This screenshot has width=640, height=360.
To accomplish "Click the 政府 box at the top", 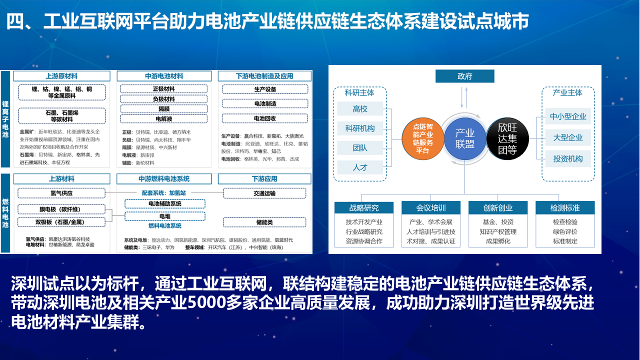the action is [464, 76].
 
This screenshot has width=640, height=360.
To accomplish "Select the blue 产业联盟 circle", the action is [464, 138].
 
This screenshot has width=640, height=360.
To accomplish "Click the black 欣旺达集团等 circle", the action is [507, 138].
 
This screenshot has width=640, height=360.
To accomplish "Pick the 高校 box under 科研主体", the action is [360, 109].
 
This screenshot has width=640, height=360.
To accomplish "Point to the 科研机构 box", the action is [360, 128].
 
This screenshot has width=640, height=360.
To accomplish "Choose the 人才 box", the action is [360, 167].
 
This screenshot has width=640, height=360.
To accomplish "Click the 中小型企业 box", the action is [568, 116].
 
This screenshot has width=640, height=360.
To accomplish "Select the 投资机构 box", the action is [568, 159].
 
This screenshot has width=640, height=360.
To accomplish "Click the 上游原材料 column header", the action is [61, 76].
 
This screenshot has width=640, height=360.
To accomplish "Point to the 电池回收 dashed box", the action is [265, 118].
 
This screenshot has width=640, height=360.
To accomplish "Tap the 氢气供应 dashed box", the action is [61, 193].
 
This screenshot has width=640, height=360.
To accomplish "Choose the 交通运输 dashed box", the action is [265, 193].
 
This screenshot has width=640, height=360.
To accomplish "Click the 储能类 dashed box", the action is [265, 222].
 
